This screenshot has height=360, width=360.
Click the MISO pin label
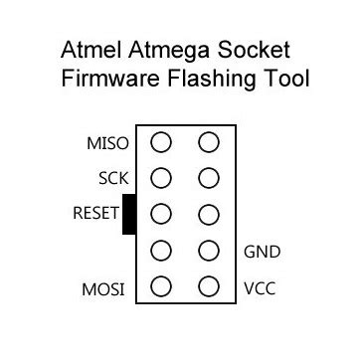[x=107, y=143]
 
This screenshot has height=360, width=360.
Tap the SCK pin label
[x=113, y=179]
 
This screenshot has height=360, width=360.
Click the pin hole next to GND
[x=208, y=252]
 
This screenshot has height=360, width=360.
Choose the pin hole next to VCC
[x=208, y=288]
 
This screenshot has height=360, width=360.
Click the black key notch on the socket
[x=128, y=215]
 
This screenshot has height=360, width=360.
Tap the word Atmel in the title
[x=88, y=48]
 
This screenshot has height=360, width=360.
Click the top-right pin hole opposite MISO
[x=208, y=142]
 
